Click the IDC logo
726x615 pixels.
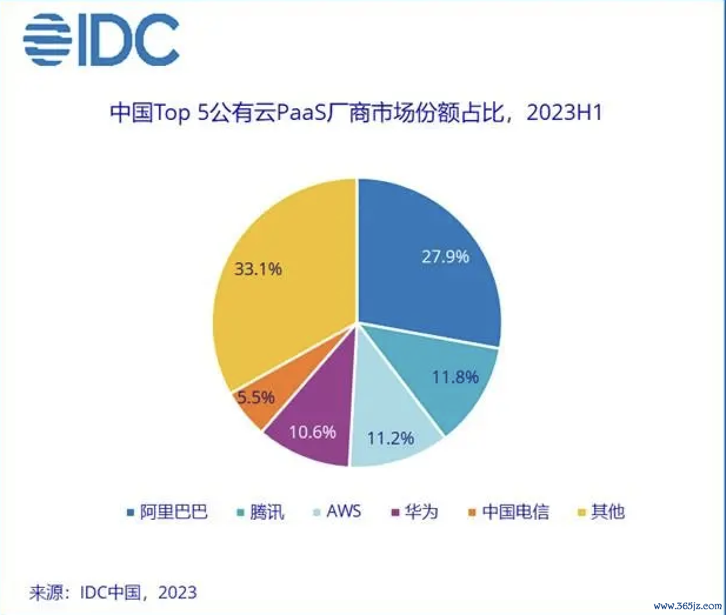click(x=101, y=40)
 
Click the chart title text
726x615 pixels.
click(x=356, y=112)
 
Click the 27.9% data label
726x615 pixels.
click(x=445, y=256)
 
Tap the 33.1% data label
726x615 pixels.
click(x=258, y=269)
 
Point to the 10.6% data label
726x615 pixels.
click(x=312, y=432)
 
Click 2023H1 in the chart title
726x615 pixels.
click(x=564, y=112)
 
